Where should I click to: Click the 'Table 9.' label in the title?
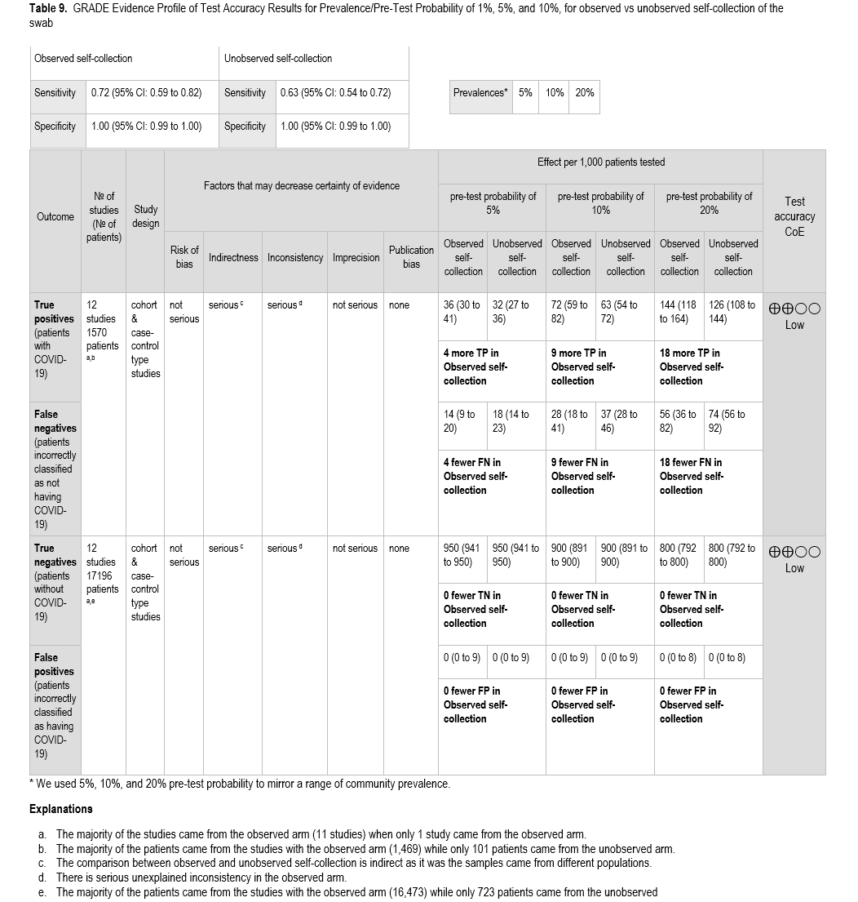[x=48, y=8]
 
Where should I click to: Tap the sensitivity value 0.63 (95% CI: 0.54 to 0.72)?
[x=335, y=92]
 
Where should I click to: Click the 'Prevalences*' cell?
[x=480, y=92]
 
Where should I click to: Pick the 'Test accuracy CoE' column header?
[x=794, y=216]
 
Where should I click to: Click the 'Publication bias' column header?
[x=411, y=256]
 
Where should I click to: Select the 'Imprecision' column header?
[x=356, y=257]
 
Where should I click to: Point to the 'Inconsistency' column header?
[x=295, y=257]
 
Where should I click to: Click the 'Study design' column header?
[x=145, y=216]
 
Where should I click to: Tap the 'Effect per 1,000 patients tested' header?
[x=600, y=162]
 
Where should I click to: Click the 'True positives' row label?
[x=54, y=311]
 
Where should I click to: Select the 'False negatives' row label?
[x=55, y=421]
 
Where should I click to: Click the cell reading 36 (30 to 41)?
[x=462, y=312]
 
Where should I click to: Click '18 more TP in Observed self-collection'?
[x=689, y=367]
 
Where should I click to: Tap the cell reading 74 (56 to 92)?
[x=728, y=420]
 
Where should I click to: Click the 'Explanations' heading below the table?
[x=60, y=809]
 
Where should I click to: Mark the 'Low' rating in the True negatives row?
[x=794, y=568]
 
